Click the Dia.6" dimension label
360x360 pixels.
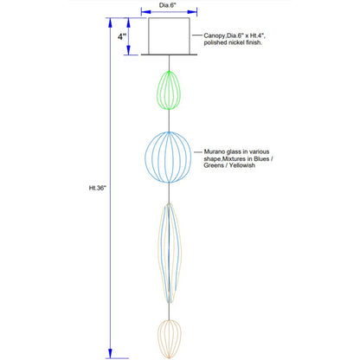point(167,5)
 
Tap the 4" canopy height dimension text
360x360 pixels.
point(122,36)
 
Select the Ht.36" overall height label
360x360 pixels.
point(98,188)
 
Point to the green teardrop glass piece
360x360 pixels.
point(169,90)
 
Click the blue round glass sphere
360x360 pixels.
point(145,157)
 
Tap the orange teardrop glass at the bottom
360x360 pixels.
point(170,338)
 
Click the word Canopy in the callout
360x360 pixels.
point(215,36)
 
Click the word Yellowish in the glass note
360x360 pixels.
point(241,165)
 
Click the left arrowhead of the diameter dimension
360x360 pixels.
point(146,12)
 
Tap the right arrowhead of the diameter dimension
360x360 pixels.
point(192,12)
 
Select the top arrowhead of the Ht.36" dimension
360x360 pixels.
point(110,22)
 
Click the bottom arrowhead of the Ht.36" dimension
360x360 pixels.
point(110,353)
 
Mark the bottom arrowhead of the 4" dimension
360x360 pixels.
point(128,50)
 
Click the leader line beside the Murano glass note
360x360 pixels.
point(198,151)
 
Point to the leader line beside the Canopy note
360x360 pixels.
point(197,35)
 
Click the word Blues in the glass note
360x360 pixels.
point(261,158)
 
